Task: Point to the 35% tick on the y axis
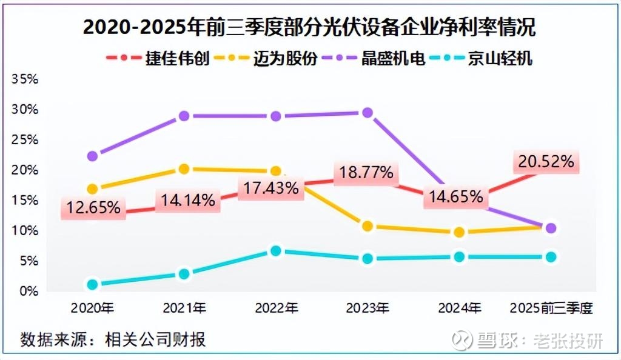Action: pyautogui.click(x=25, y=79)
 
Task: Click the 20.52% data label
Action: pyautogui.click(x=545, y=162)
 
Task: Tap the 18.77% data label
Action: pyautogui.click(x=366, y=173)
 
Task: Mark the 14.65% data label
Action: pyautogui.click(x=455, y=196)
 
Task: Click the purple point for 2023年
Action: pyautogui.click(x=367, y=113)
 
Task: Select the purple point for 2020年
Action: pyautogui.click(x=92, y=156)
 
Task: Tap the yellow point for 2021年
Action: pyautogui.click(x=184, y=169)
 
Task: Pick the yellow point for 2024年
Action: pyautogui.click(x=459, y=232)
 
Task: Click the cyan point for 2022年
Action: pyautogui.click(x=276, y=250)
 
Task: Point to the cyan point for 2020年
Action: pyautogui.click(x=92, y=284)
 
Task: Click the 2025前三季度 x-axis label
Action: pyautogui.click(x=551, y=308)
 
